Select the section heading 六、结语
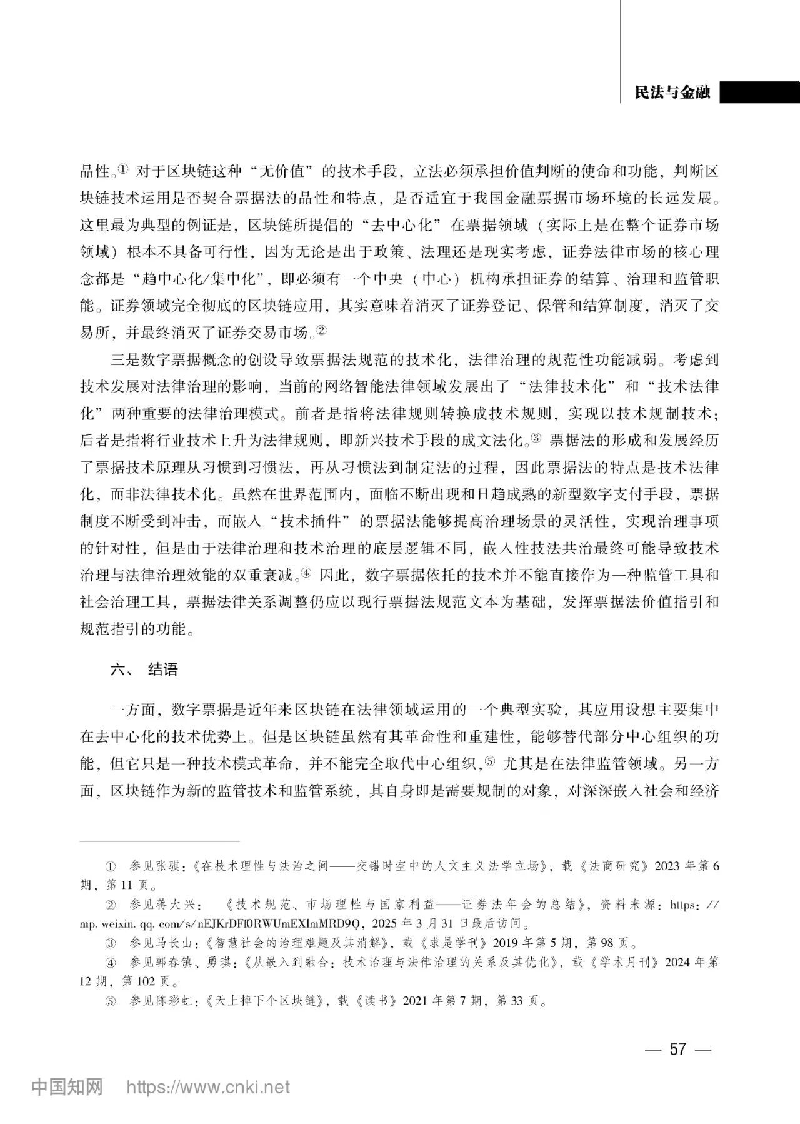tap(144, 670)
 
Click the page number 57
tap(677, 1049)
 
